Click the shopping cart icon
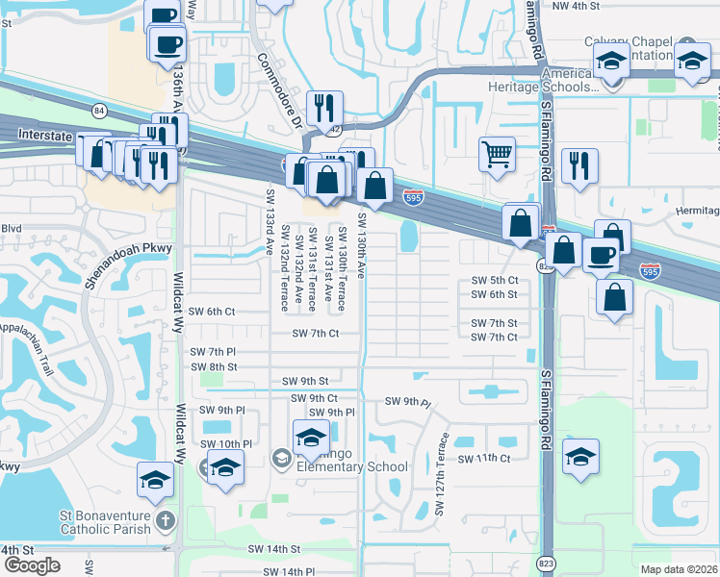click(497, 153)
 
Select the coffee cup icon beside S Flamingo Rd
click(601, 255)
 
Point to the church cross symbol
click(166, 522)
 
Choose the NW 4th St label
click(576, 6)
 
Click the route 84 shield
click(100, 112)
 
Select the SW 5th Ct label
click(495, 280)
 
